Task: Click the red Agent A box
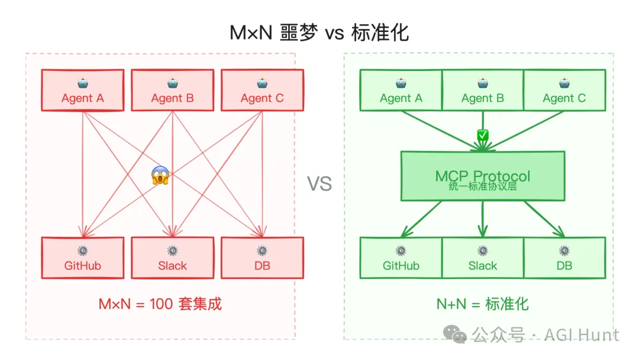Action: point(82,90)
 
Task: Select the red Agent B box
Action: point(172,90)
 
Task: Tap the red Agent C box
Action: point(262,90)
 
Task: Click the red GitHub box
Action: point(82,258)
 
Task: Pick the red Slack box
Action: point(172,258)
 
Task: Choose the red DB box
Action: point(262,258)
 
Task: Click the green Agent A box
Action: point(401,90)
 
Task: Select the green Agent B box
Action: point(483,90)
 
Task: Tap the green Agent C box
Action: point(564,90)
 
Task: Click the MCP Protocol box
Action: point(483,175)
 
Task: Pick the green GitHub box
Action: point(401,258)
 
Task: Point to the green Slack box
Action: point(483,258)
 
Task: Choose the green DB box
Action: point(564,258)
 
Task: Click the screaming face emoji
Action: point(160,175)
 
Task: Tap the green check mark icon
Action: point(483,136)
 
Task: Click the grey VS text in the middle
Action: point(319,184)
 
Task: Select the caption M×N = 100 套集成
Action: point(160,304)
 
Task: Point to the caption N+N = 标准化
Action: point(483,304)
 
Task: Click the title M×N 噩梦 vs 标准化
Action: point(319,33)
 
